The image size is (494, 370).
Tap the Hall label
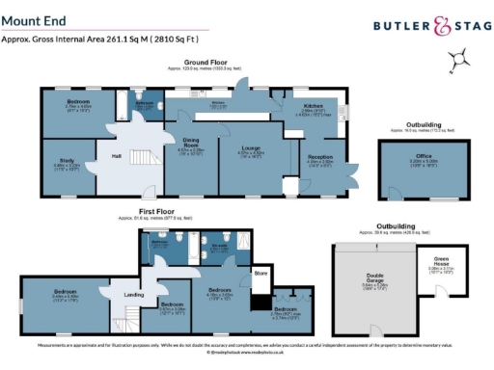click(117, 155)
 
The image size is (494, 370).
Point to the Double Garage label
click(371, 281)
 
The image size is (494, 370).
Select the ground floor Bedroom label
click(79, 101)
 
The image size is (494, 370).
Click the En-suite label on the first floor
click(220, 245)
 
